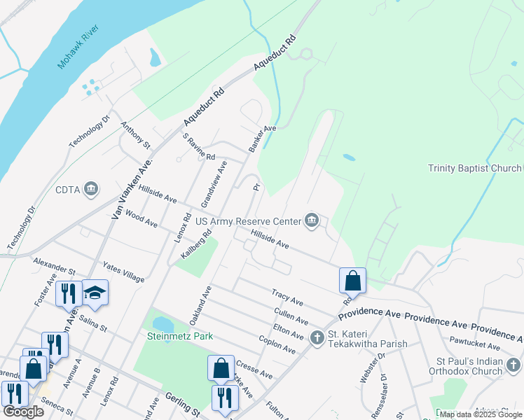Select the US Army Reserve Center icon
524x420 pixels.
[x=312, y=221]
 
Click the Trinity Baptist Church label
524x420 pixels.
[x=475, y=168]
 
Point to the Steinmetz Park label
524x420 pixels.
[x=180, y=337]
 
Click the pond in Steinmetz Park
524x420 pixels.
[x=162, y=325]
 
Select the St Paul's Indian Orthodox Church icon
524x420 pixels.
[x=514, y=365]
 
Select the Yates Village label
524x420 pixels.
[x=123, y=272]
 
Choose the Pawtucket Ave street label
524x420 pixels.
[x=475, y=346]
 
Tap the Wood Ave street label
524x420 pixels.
[x=142, y=220]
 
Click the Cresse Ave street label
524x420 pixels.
[x=255, y=370]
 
